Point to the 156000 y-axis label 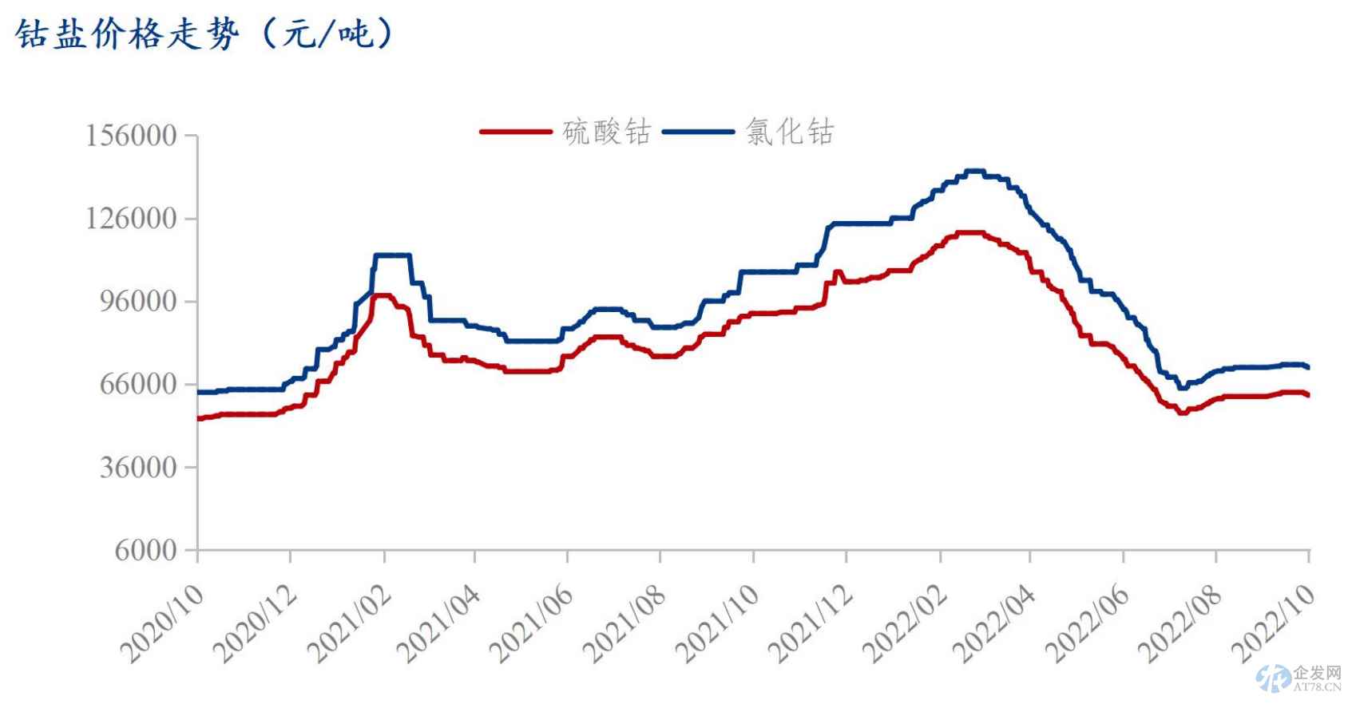click(132, 136)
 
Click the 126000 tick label click(132, 219)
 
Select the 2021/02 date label click(350, 623)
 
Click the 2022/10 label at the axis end click(1275, 623)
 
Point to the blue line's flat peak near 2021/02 click(391, 255)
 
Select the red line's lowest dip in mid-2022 click(1181, 413)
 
